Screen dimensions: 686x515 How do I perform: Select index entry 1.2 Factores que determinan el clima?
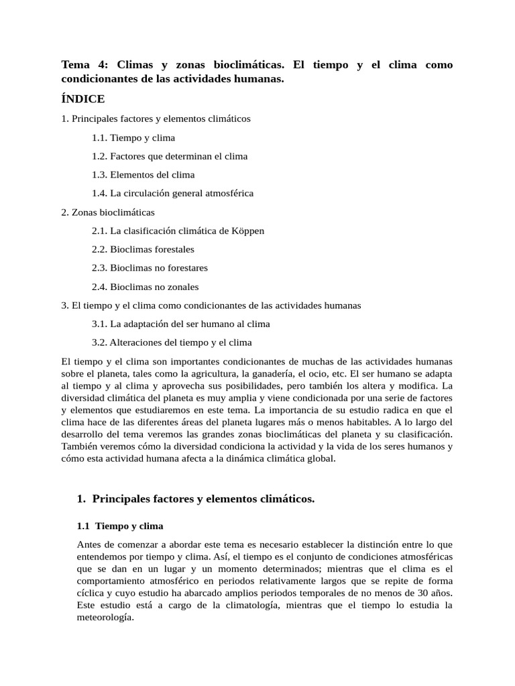170,156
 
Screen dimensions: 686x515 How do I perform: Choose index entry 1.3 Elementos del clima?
143,175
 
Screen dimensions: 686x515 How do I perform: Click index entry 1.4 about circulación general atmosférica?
172,194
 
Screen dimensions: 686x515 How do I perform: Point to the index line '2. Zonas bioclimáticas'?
108,212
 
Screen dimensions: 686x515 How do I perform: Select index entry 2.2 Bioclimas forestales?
143,249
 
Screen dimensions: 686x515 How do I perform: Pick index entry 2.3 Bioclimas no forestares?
150,268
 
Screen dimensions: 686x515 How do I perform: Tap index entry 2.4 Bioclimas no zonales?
145,287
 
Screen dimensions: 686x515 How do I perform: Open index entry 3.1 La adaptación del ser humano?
180,324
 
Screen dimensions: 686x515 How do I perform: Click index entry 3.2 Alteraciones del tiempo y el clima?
172,342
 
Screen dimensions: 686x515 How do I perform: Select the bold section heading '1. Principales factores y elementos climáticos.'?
196,499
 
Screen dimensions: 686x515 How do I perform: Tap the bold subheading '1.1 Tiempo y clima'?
120,526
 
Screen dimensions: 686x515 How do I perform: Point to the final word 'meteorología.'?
106,618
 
